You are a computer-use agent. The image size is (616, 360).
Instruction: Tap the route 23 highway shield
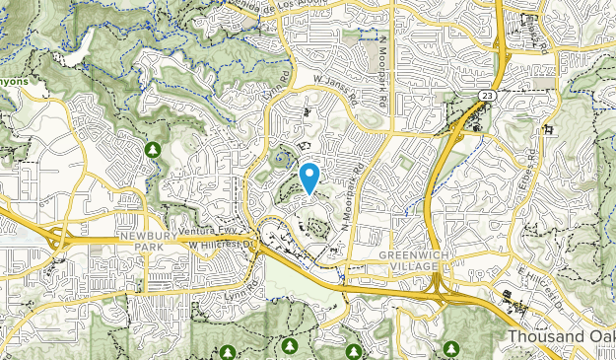[x=487, y=95]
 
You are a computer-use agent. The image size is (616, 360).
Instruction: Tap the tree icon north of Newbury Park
[x=152, y=149]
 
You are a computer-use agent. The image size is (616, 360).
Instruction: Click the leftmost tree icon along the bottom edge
[x=228, y=352]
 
